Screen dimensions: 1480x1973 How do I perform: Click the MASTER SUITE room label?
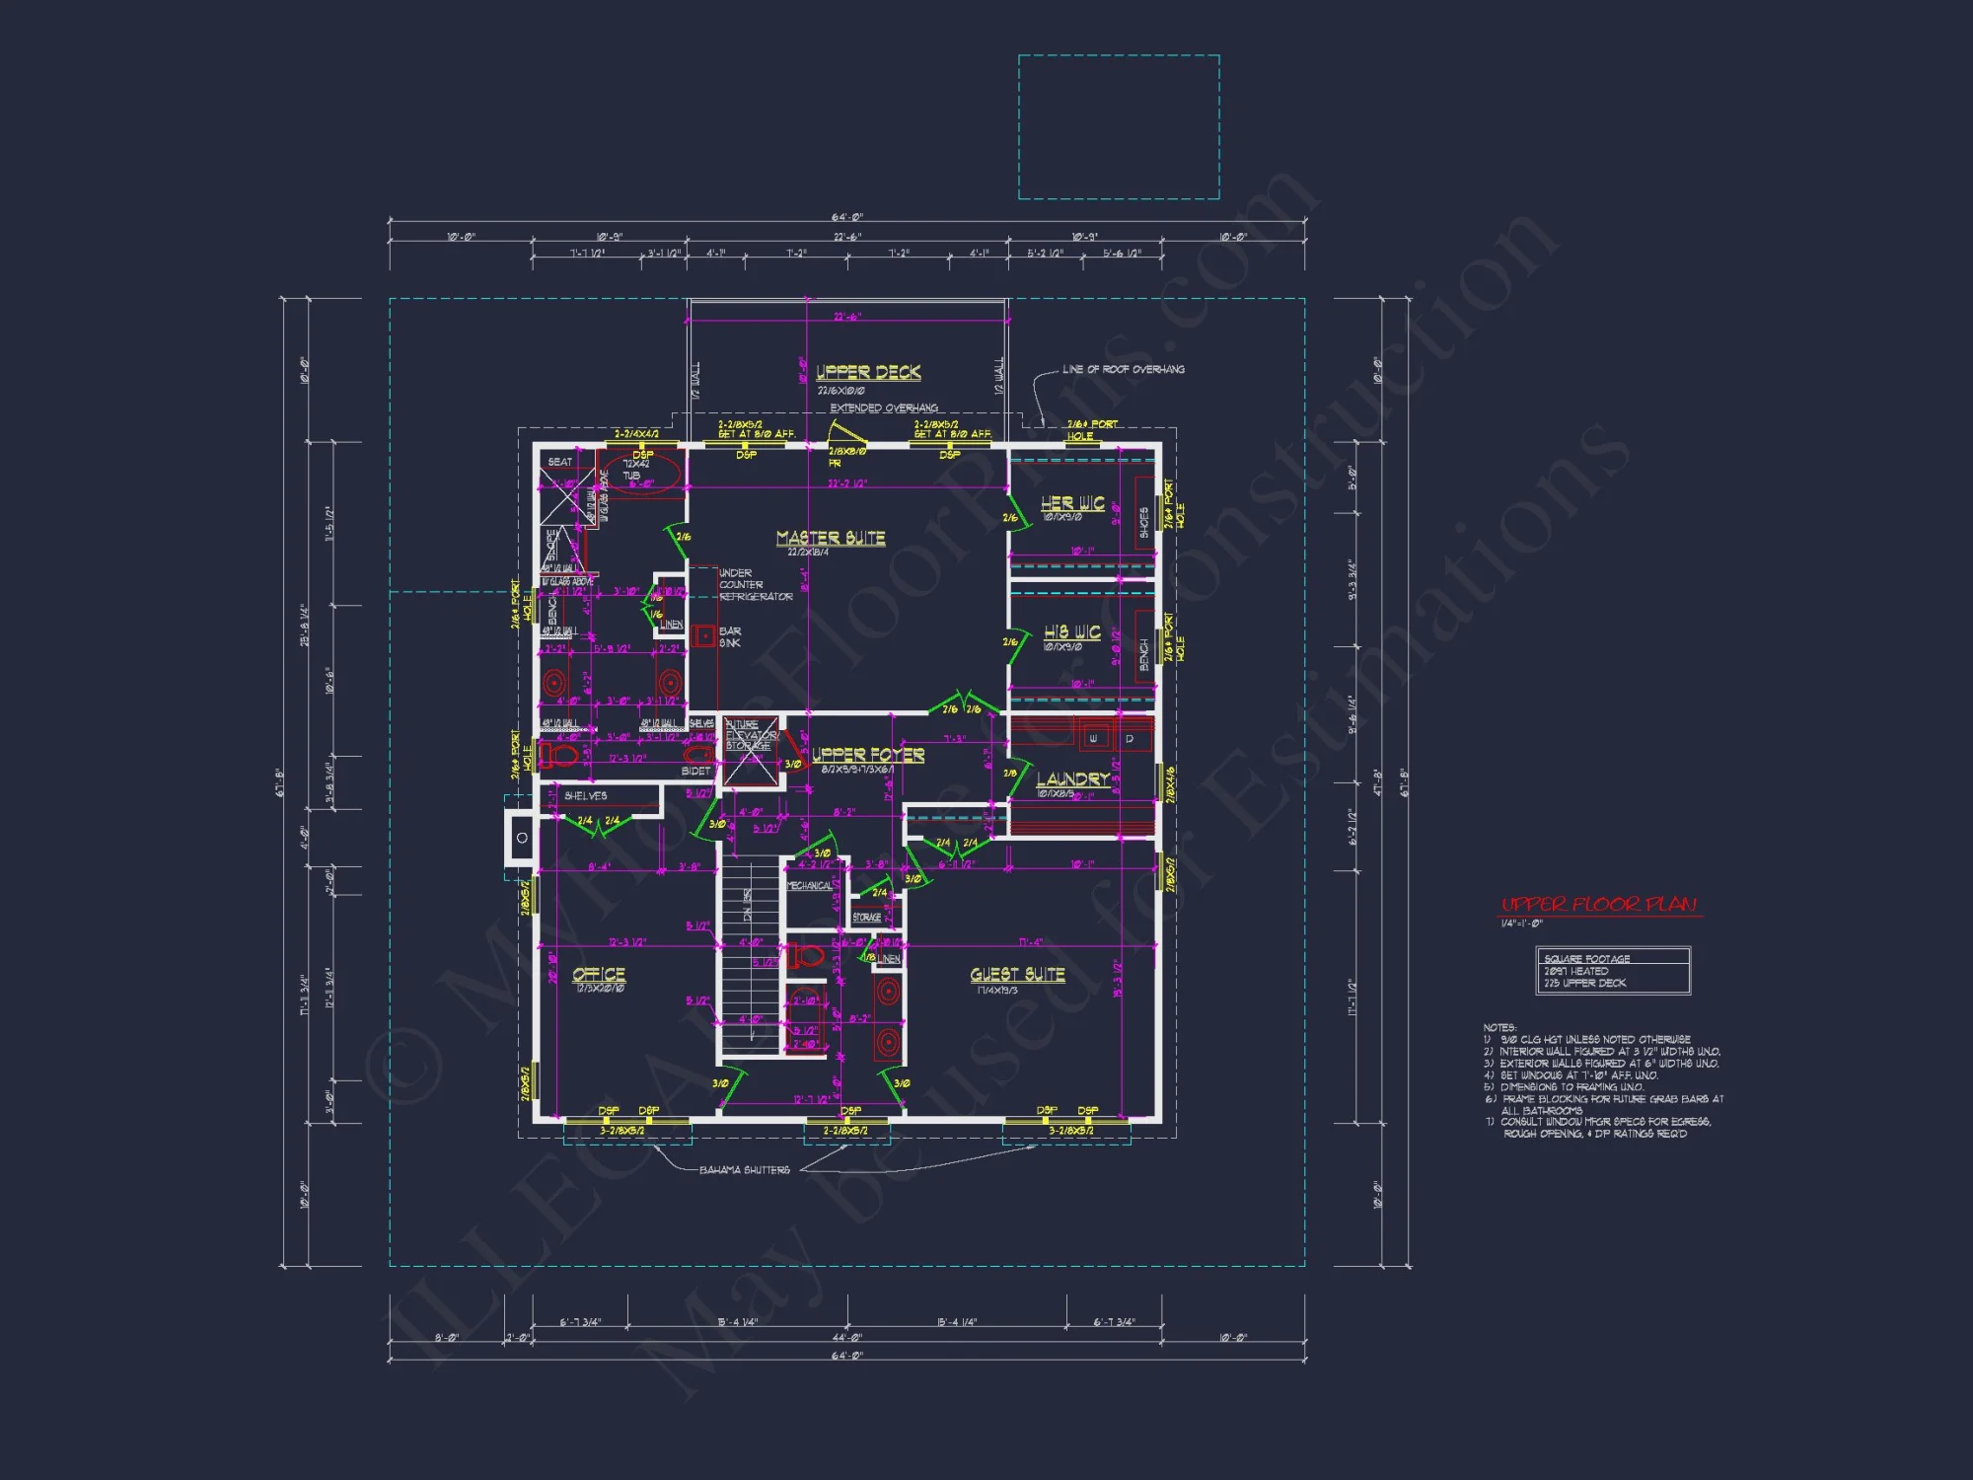[x=831, y=538]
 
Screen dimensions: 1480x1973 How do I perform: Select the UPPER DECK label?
[x=868, y=372]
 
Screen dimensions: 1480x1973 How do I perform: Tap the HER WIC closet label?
[x=1072, y=503]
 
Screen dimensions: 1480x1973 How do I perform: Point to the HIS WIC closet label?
[x=1072, y=631]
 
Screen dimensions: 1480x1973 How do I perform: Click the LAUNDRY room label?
[x=1072, y=778]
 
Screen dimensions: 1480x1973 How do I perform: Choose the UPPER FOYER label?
[x=868, y=755]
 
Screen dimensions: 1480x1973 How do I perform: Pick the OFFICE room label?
[x=599, y=974]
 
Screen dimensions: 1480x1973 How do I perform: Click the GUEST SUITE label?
[x=1017, y=974]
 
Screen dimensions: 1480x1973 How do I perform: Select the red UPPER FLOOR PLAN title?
[x=1599, y=904]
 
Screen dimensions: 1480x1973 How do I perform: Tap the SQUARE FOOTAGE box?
[x=1613, y=970]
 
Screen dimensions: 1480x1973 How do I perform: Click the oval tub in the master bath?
[x=641, y=472]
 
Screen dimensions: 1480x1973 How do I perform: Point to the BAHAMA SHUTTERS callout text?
[x=745, y=1170]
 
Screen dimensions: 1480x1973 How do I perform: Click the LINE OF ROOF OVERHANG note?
[x=1124, y=369]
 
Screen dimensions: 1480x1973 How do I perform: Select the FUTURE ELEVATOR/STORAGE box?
[x=752, y=750]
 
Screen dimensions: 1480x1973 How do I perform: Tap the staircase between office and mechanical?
[x=749, y=957]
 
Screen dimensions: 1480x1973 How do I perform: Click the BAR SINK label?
[x=730, y=636]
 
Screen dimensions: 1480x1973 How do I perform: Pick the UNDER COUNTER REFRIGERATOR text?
[x=756, y=584]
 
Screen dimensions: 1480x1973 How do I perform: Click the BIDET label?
[x=695, y=771]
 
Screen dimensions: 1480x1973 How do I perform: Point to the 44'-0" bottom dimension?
[x=846, y=1337]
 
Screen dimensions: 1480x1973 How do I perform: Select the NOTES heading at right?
[x=1499, y=1027]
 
